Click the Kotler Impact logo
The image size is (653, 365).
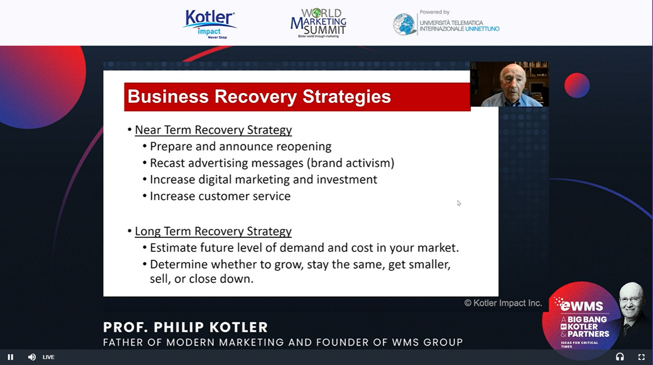(210, 24)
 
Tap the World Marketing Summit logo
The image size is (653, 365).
(318, 23)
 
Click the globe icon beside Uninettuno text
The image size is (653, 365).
(404, 24)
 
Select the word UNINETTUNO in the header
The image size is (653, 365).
(482, 29)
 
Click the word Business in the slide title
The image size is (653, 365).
(168, 96)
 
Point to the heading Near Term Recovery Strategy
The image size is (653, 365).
(213, 130)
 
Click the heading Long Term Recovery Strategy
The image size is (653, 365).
(213, 231)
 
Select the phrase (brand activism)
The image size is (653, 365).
(350, 163)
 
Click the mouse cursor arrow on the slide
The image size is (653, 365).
(459, 203)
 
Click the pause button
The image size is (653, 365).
(10, 357)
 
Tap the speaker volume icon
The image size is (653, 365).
(32, 357)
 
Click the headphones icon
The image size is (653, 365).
(620, 357)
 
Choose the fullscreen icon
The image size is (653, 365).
(642, 357)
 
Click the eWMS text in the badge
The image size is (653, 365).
(582, 306)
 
